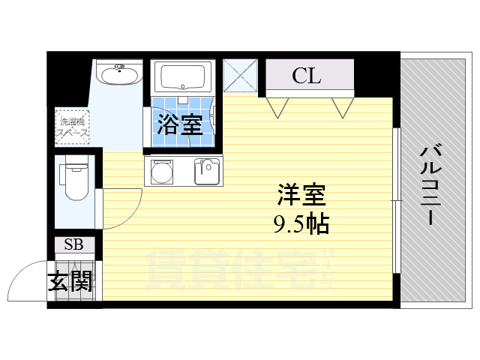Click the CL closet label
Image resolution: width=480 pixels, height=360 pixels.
[x=307, y=75]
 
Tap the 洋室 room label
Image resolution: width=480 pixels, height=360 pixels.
[x=301, y=196]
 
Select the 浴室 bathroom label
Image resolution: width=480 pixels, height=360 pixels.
[x=179, y=124]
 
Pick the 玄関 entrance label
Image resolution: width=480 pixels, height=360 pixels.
[x=70, y=282]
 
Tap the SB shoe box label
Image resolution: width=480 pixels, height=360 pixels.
[x=73, y=244]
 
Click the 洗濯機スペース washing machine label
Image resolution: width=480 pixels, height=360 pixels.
[x=73, y=126]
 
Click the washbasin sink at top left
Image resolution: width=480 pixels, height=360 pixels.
[x=119, y=76]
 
